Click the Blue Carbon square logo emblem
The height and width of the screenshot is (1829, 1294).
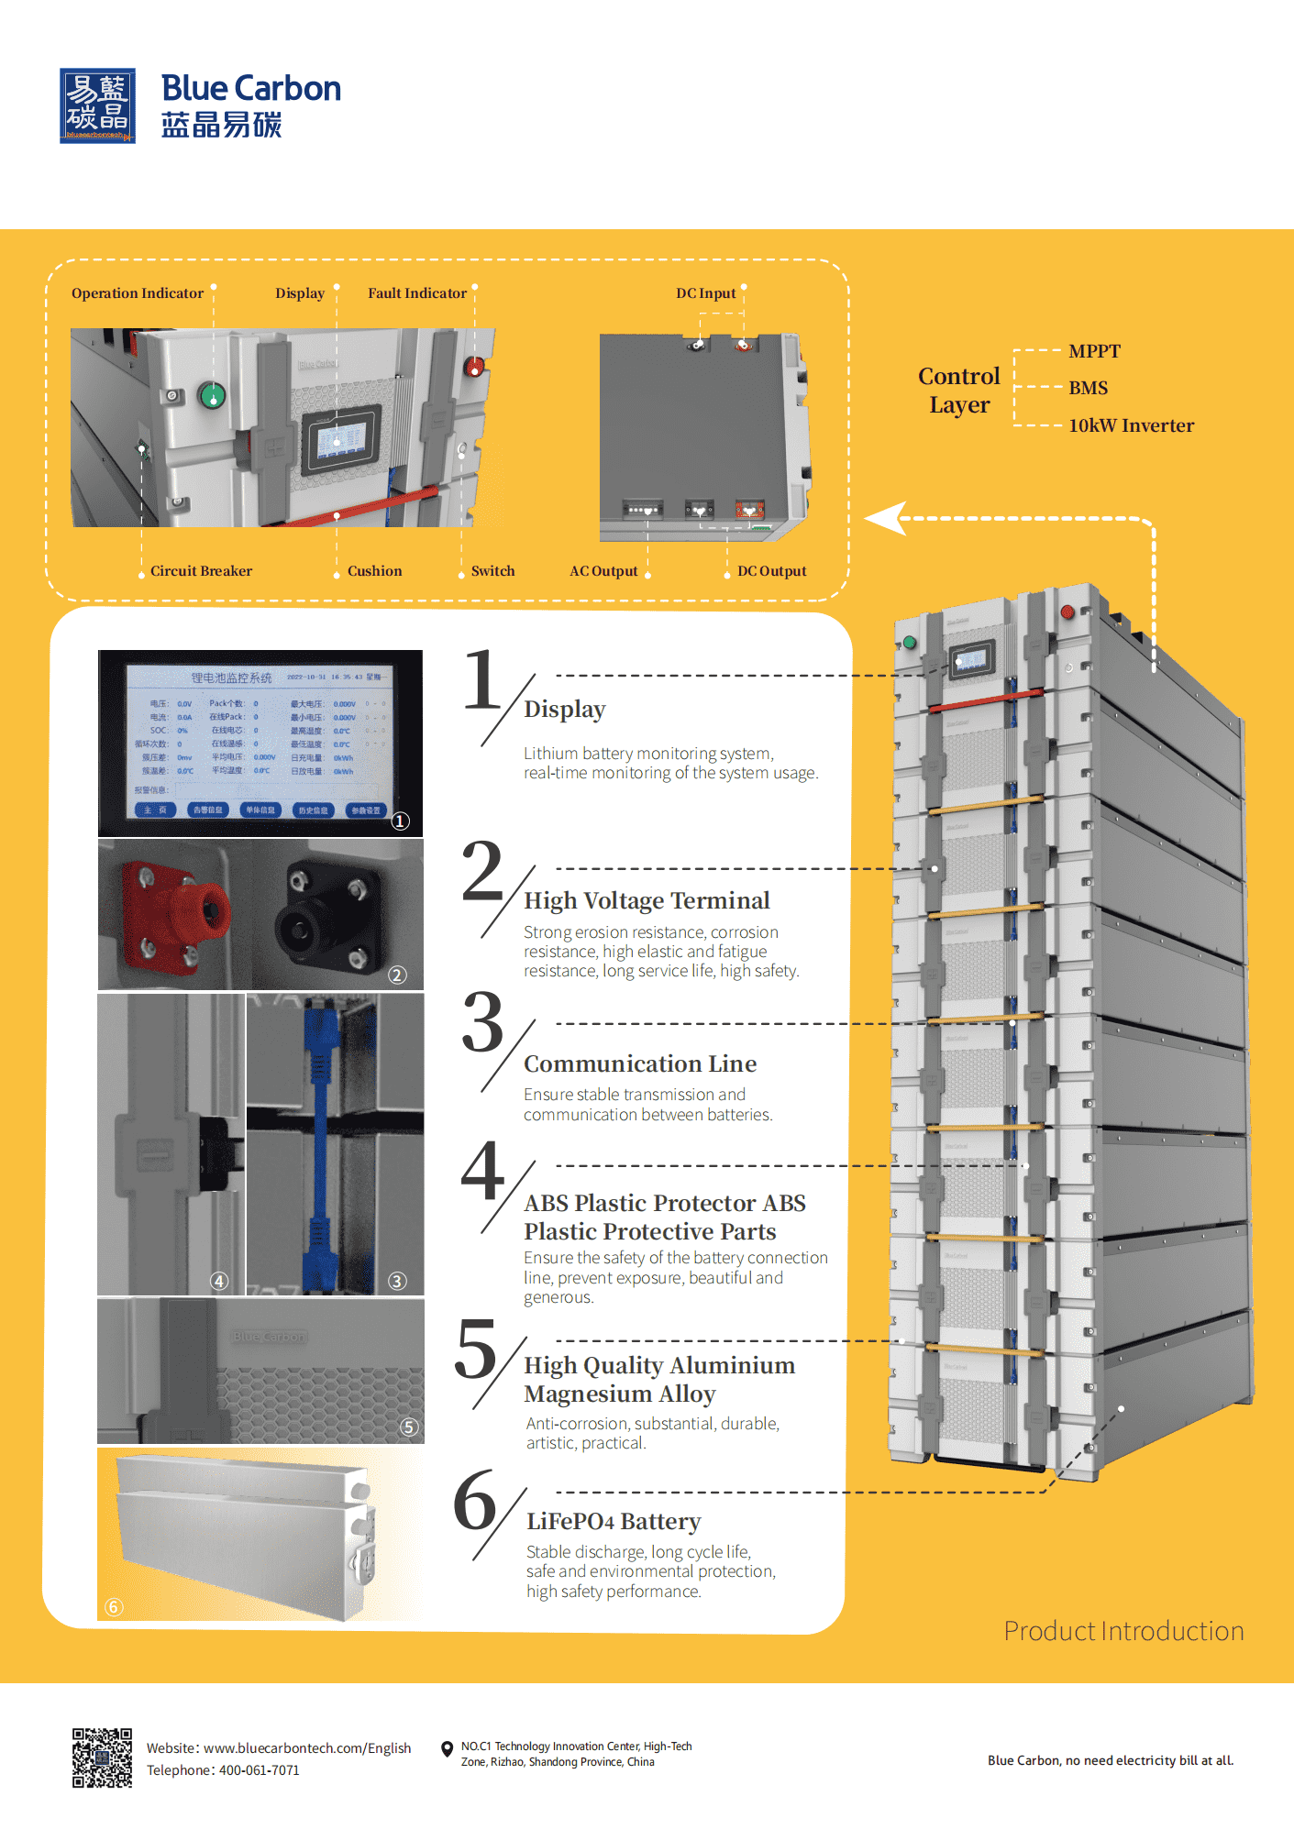(97, 105)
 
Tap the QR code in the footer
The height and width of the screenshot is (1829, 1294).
(102, 1757)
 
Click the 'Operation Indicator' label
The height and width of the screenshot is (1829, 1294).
(138, 293)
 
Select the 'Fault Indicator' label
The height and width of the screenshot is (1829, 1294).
(417, 293)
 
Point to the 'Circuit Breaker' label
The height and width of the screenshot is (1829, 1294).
(201, 571)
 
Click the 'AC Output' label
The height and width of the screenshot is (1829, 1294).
(603, 571)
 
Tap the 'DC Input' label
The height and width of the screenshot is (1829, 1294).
(705, 293)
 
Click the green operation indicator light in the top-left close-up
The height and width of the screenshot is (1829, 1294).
(212, 396)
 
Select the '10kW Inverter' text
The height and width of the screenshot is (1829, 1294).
(1131, 425)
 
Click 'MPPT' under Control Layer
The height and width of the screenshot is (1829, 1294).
(1094, 351)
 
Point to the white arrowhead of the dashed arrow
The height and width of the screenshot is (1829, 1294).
(885, 518)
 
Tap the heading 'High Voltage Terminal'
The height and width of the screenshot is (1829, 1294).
(647, 900)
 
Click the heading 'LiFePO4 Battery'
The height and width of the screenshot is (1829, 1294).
(614, 1522)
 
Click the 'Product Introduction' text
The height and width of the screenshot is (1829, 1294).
(1123, 1631)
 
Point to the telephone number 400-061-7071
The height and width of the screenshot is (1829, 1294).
(260, 1770)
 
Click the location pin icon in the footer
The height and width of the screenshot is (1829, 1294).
(447, 1749)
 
